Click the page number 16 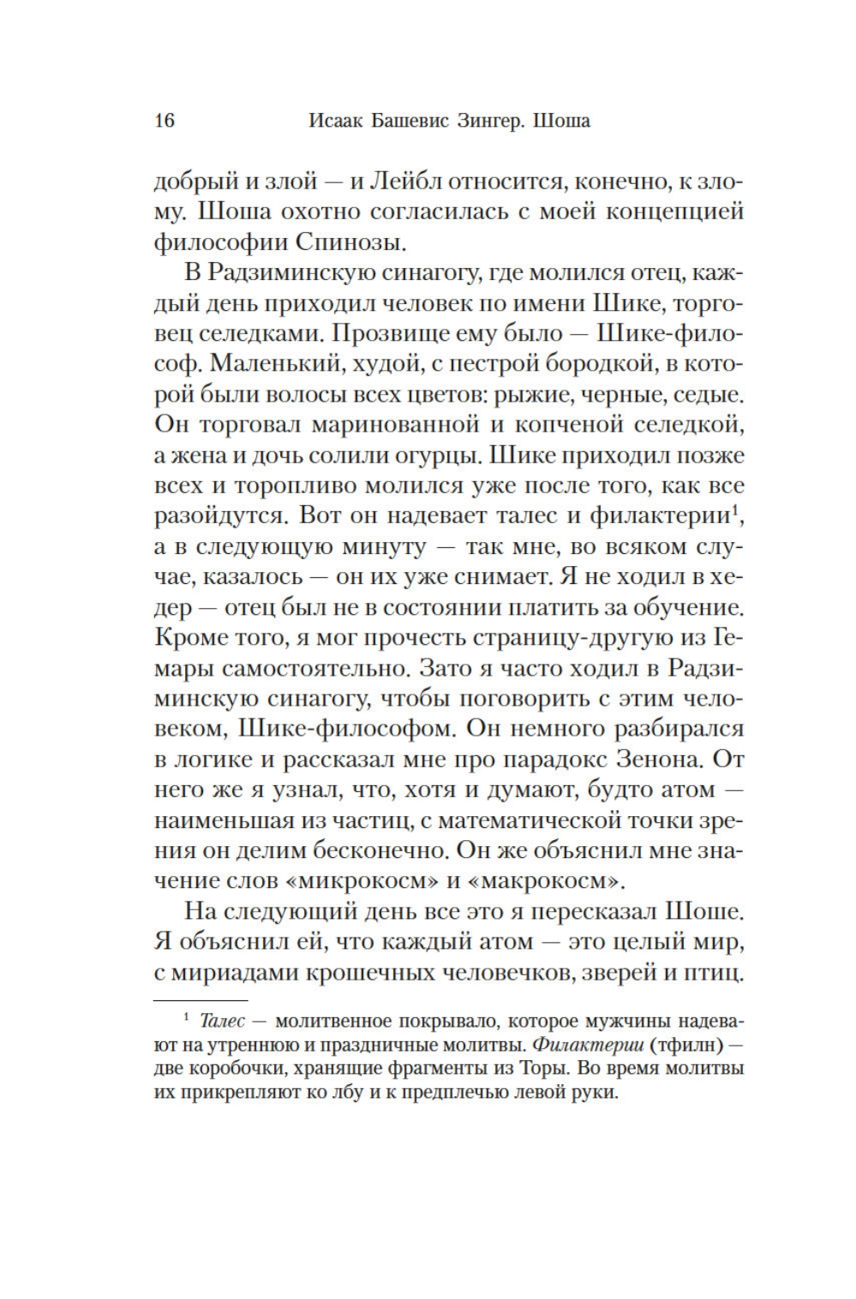pyautogui.click(x=164, y=121)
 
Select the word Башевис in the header pyautogui.click(x=398, y=121)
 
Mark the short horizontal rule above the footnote pyautogui.click(x=200, y=1000)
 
